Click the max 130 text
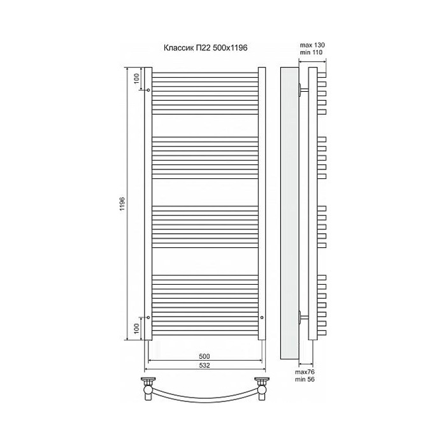tap(313, 44)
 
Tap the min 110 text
tap(313, 52)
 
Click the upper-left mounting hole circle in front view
tap(148, 90)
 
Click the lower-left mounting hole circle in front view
tap(148, 317)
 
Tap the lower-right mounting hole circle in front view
tap(261, 317)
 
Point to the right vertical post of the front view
tap(261, 204)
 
